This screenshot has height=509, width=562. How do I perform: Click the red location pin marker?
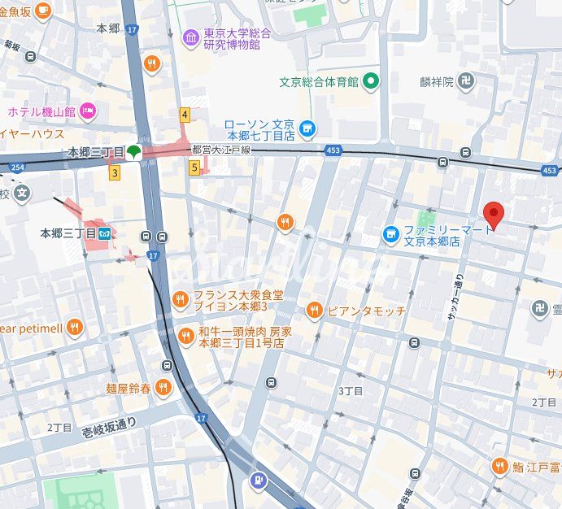coord(494,214)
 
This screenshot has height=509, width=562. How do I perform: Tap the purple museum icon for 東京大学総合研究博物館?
coord(190,37)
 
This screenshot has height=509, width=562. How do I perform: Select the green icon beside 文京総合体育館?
coord(371,80)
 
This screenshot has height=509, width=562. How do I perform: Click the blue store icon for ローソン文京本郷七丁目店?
coord(307,128)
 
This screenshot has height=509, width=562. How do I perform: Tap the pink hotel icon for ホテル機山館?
coord(89,111)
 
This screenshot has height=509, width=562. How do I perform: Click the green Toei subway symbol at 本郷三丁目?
coord(134,151)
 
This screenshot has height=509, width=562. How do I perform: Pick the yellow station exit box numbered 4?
coord(185,115)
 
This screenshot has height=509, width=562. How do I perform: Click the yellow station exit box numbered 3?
coord(115,172)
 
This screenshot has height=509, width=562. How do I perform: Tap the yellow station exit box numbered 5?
coord(194,167)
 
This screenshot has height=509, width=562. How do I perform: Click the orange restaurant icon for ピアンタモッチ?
coord(315,310)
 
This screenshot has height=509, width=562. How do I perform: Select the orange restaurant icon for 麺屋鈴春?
coord(163,387)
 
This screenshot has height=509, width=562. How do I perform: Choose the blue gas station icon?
coord(259,481)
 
